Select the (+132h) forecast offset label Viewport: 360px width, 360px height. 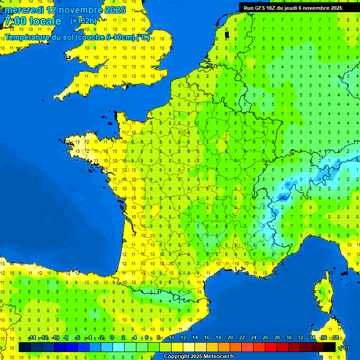coord(83,21)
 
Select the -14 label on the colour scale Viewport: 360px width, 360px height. coord(32,338)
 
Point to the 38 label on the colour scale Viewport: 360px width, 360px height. coord(335,338)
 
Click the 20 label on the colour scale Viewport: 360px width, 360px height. coord(230,338)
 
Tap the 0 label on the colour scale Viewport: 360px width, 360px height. coord(112,338)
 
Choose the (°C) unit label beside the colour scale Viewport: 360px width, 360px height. coord(344,347)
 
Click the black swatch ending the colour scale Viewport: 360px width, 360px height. coord(330,347)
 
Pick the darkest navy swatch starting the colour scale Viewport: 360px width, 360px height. coord(25,347)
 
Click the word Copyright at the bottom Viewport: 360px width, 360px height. coord(177,357)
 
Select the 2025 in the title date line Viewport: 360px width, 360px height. coord(115,10)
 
